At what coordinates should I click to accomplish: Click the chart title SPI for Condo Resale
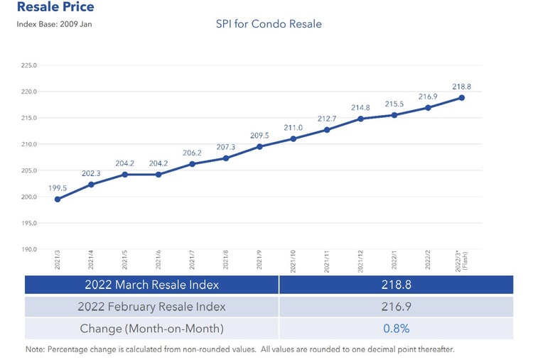point(269,24)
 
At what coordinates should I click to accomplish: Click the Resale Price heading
point(55,7)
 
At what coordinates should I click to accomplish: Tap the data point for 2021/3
point(58,200)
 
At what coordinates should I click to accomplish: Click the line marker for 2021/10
point(293,138)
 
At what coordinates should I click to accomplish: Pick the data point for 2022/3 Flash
point(461,97)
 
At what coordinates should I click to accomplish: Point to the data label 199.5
point(58,187)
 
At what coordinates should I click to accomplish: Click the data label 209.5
point(259,135)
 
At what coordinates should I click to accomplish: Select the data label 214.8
point(360,107)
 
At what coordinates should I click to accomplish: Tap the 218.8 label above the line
point(461,86)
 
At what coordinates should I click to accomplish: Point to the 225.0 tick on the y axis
point(30,65)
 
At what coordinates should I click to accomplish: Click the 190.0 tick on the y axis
point(30,250)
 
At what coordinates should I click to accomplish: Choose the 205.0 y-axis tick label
point(30,171)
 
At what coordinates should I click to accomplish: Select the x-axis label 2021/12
point(361,262)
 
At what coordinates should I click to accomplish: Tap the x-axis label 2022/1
point(394,261)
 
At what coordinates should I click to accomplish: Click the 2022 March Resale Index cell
point(151,285)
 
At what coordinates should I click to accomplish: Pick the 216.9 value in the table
point(396,307)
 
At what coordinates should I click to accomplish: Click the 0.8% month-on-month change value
point(396,329)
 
